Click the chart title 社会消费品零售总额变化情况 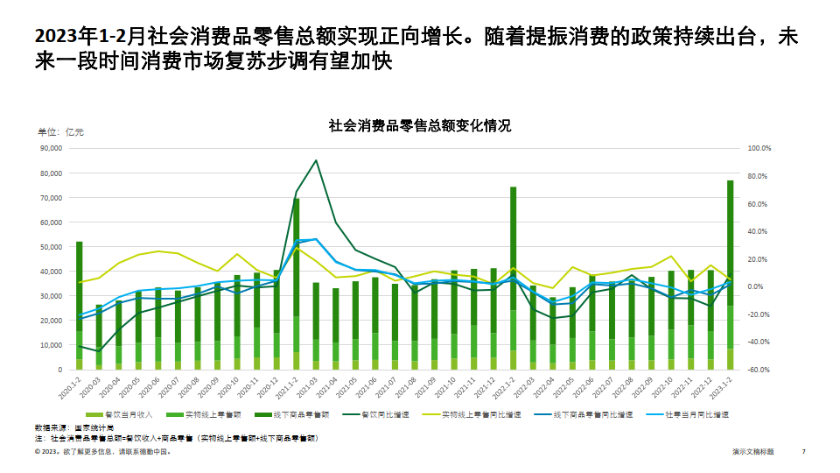coord(419,126)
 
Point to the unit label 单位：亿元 coord(60,132)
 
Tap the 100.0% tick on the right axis coord(759,149)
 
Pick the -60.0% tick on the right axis coord(759,370)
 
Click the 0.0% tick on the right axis coord(758,286)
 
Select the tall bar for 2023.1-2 coord(730,272)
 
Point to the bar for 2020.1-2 coord(80,302)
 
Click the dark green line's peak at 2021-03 coord(316,160)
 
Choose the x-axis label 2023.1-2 coord(725,387)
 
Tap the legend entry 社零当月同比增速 coord(696,413)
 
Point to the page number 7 coord(803,452)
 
